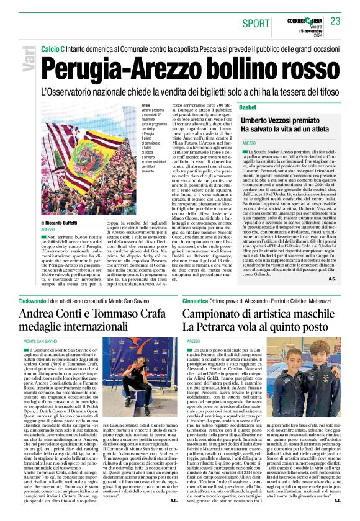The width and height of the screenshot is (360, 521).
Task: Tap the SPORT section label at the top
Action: click(251, 23)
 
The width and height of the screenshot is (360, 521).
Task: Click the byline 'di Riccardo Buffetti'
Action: click(61, 222)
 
